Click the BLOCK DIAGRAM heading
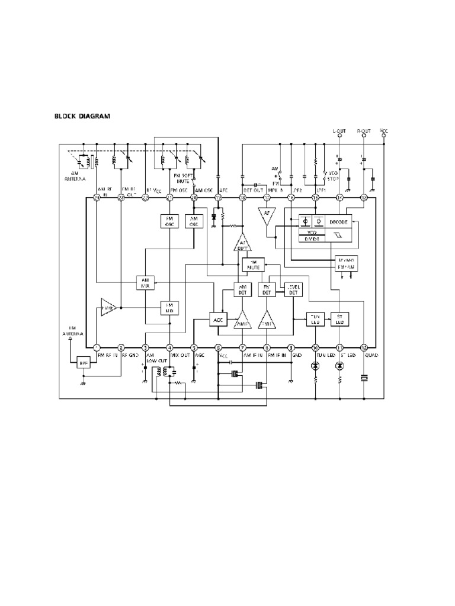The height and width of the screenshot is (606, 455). point(82,117)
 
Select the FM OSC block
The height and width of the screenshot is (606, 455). point(170,221)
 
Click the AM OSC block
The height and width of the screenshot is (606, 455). point(194,221)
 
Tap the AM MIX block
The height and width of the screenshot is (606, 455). point(145,282)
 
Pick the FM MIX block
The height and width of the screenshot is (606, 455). point(170,308)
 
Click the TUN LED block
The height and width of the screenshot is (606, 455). point(315,319)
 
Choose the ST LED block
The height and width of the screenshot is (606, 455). point(339,319)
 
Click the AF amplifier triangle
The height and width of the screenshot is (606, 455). point(267,217)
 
